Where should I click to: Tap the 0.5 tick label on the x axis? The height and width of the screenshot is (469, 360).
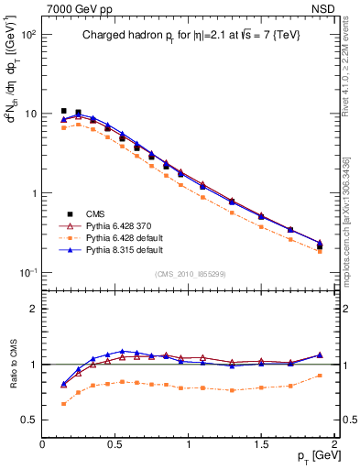tap(115, 443)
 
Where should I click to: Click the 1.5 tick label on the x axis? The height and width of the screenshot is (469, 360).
tap(261, 443)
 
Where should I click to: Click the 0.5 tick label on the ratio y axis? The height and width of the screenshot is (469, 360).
tap(27, 420)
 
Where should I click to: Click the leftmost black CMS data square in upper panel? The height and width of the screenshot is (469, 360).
tap(63, 111)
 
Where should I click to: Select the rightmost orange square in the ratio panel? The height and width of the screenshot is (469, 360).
tap(320, 376)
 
